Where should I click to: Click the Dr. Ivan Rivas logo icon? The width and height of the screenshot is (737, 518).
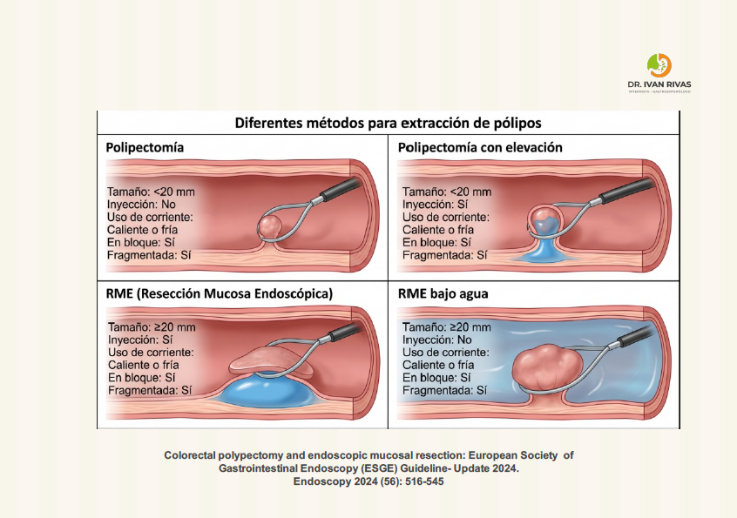point(659,65)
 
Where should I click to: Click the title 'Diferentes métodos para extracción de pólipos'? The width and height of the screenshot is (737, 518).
point(388,122)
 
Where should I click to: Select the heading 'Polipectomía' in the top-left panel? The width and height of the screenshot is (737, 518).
point(145,147)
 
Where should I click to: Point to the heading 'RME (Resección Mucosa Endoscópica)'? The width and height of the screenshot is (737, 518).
point(220,294)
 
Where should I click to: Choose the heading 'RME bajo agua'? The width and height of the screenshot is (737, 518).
point(443,294)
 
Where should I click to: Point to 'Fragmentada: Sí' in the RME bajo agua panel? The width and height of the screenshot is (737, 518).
point(443,392)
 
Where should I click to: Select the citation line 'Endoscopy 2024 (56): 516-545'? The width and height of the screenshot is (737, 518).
point(368,481)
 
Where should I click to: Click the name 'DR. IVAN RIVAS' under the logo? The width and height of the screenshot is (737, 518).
point(659,84)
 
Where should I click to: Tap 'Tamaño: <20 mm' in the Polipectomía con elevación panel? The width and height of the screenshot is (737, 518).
point(447,192)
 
